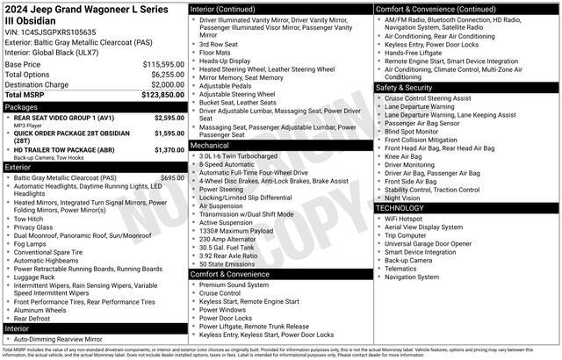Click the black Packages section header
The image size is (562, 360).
94,106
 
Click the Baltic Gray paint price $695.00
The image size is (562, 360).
172,177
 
